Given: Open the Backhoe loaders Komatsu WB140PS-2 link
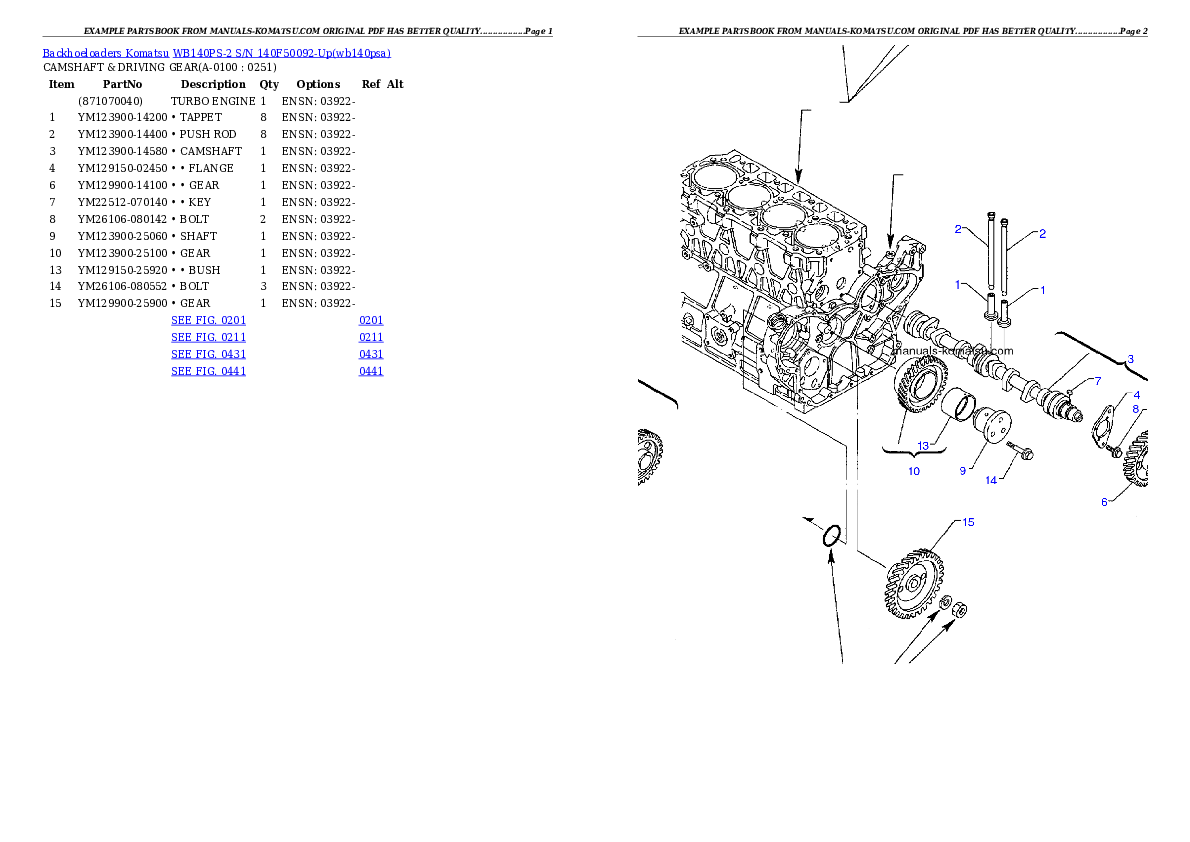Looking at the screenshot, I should [216, 53].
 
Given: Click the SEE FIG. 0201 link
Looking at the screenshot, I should [208, 320].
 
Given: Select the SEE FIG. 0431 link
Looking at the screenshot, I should [208, 354].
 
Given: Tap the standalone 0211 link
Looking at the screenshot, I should [370, 337].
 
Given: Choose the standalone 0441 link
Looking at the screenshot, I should [370, 371].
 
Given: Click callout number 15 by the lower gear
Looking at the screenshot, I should [968, 522].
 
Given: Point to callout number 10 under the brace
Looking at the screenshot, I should [913, 471].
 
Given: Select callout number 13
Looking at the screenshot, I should [923, 445].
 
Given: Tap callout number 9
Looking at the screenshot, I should [962, 469].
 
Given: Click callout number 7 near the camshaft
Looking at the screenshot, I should [1096, 381].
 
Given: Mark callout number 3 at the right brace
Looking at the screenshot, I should [1130, 359].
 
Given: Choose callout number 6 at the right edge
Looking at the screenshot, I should [1104, 502].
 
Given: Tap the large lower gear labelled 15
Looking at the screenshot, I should [911, 585].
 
